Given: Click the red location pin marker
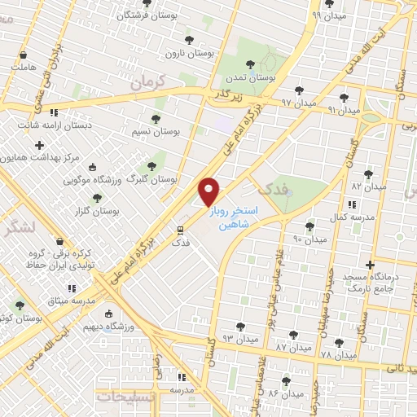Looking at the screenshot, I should click(209, 191).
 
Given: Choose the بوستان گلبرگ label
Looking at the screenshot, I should click(154, 178).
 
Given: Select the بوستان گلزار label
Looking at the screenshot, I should click(90, 210).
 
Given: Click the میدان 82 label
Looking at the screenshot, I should click(368, 187).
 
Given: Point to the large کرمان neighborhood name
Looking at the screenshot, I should click(147, 81).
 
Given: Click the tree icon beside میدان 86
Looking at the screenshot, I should click(286, 380).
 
